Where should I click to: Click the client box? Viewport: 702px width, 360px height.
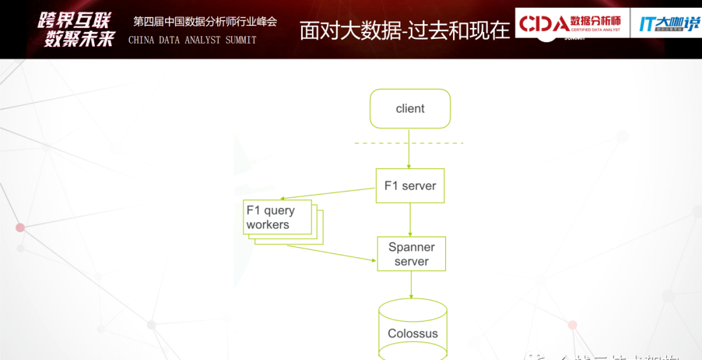click(x=410, y=109)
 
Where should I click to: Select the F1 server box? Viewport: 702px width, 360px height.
click(x=410, y=186)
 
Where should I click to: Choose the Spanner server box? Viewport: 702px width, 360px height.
click(x=411, y=254)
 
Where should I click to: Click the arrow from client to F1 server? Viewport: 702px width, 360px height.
click(x=409, y=156)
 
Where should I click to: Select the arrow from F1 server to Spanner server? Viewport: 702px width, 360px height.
click(x=410, y=220)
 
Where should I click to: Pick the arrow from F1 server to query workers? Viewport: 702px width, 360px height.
click(x=330, y=194)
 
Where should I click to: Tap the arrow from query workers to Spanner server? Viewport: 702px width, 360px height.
click(x=331, y=253)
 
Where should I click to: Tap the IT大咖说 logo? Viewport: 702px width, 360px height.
click(x=668, y=24)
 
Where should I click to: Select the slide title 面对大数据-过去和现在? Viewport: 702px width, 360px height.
click(x=404, y=31)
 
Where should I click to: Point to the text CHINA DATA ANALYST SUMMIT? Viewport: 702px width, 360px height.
click(x=192, y=40)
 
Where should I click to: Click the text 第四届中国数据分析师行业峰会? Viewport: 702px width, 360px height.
click(x=205, y=21)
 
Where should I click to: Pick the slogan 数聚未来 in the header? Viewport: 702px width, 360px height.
click(x=79, y=39)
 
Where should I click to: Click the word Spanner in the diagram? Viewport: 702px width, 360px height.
click(x=411, y=247)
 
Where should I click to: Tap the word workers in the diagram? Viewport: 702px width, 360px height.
click(x=268, y=225)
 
